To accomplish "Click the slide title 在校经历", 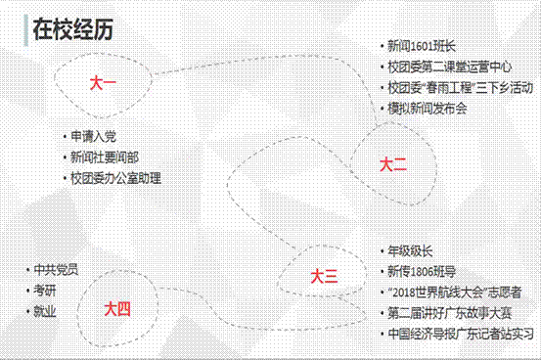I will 73,30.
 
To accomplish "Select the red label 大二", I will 392,166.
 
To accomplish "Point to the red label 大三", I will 324,277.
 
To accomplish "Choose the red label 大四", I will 117,309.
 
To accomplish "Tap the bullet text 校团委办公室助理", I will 115,178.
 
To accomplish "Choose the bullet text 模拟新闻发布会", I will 428,108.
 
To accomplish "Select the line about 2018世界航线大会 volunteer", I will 455,292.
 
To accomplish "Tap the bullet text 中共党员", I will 55,269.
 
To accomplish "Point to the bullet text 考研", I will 44,291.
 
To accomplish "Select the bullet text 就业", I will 44,311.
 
